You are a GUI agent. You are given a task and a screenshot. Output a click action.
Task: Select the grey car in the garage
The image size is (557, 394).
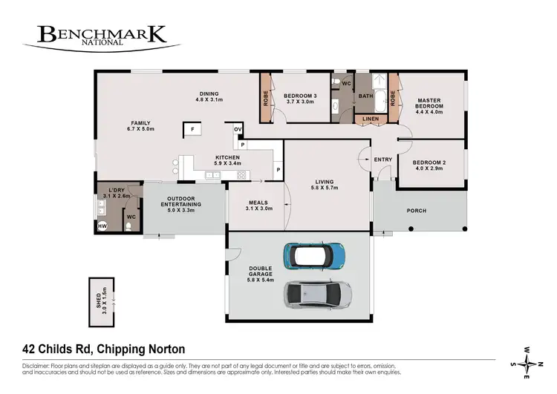316,295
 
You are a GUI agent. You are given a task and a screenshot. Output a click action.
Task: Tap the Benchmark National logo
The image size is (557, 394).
102,36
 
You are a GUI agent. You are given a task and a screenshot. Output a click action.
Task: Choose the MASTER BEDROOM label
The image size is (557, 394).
429,106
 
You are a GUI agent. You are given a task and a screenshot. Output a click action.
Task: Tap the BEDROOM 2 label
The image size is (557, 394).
429,165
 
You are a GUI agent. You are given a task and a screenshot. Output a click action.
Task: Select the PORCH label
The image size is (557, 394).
417,211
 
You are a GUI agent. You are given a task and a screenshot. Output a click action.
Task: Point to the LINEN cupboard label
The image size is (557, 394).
371,119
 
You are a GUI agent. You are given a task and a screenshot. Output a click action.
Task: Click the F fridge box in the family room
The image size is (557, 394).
192,130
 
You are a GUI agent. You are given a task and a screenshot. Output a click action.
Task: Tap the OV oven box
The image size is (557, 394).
238,129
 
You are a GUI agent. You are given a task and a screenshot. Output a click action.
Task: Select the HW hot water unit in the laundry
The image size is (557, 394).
102,225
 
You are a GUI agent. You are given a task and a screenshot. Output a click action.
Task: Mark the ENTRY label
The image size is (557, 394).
383,160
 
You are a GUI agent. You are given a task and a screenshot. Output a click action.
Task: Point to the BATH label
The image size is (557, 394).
366,96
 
